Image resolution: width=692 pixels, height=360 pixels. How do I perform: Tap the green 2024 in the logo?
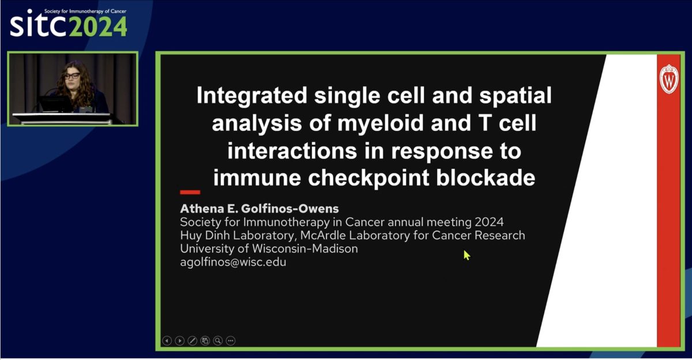[x=97, y=27]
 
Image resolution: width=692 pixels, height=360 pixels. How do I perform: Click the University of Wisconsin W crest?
[x=669, y=79]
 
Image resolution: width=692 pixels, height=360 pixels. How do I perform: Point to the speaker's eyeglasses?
[x=72, y=76]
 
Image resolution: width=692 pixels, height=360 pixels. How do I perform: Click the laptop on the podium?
[x=55, y=104]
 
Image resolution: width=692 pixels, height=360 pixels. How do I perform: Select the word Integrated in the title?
[x=252, y=96]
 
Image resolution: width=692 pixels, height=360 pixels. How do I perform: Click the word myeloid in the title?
[x=381, y=123]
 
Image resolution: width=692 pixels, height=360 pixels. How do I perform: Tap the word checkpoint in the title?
[x=368, y=178]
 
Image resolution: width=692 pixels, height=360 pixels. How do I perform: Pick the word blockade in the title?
[x=486, y=178]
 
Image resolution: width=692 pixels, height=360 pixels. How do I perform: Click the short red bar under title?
[x=190, y=192]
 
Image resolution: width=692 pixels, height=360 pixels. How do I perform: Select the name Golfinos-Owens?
[x=289, y=209]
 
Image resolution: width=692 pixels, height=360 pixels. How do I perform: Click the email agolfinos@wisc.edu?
[x=233, y=262]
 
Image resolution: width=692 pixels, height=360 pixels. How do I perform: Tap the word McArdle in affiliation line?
[x=323, y=235]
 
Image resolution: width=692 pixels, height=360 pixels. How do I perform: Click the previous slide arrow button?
[x=167, y=340]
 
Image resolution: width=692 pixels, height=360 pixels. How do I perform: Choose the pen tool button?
[x=192, y=340]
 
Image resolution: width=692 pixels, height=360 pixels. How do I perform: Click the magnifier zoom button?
[x=218, y=340]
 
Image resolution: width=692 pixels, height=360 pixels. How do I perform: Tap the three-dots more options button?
[x=231, y=340]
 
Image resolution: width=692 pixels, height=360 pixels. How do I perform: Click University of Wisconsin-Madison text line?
[x=269, y=249]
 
